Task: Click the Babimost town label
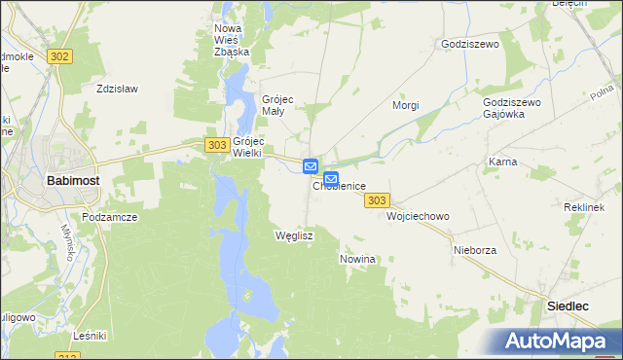70,180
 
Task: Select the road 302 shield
58,56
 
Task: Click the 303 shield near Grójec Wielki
217,144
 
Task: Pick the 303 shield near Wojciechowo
378,200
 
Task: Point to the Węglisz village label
293,236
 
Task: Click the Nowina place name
357,260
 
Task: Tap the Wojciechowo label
418,216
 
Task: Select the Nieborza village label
475,250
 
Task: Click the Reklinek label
584,208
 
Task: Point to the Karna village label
502,162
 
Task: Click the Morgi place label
405,104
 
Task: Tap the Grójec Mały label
278,105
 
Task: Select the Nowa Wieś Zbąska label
232,40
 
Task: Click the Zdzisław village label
117,89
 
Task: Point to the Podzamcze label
108,218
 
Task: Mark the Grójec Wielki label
247,146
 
